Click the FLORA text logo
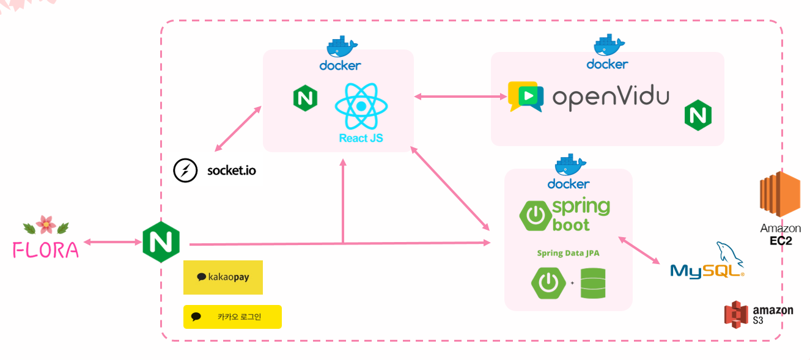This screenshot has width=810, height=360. (x=46, y=249)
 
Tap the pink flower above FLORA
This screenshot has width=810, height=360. (x=46, y=225)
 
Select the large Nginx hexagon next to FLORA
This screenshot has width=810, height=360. (x=161, y=243)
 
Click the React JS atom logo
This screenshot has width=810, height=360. (x=361, y=106)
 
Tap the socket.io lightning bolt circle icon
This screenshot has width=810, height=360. (x=185, y=171)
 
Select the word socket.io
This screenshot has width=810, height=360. (x=232, y=171)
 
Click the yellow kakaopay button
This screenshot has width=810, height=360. (x=223, y=277)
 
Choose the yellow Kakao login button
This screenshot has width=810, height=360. (x=232, y=317)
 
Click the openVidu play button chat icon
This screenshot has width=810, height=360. (x=525, y=97)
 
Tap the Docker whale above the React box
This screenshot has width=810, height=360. (x=341, y=48)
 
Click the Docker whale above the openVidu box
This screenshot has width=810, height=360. (x=608, y=45)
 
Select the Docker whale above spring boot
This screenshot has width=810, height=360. (x=569, y=165)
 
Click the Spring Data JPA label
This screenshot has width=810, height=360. (x=568, y=253)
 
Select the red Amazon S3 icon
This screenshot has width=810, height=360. (x=736, y=315)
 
